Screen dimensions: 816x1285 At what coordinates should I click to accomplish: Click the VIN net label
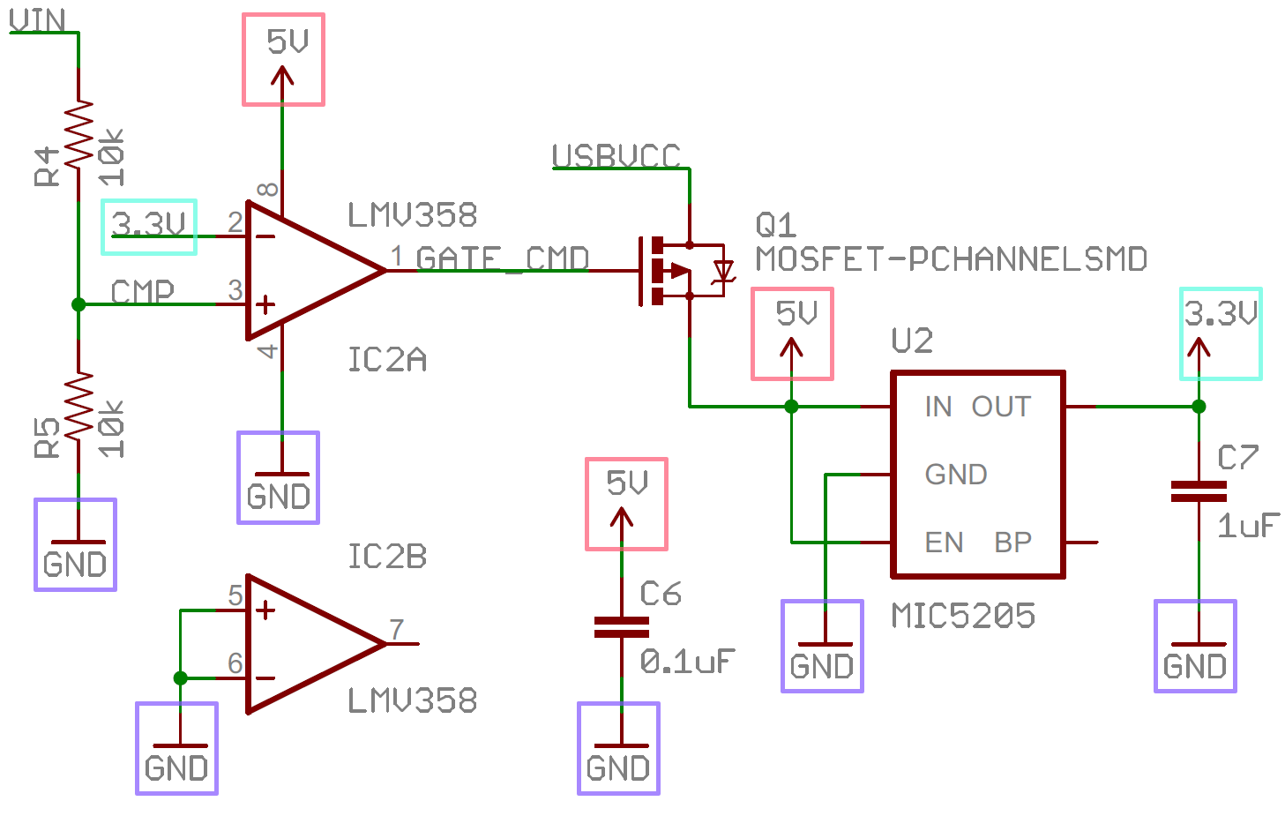pyautogui.click(x=37, y=19)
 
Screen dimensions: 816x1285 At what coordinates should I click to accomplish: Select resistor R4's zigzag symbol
pyautogui.click(x=78, y=132)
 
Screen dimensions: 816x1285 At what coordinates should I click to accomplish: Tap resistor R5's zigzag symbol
pyautogui.click(x=78, y=406)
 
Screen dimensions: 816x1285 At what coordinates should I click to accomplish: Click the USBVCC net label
pyautogui.click(x=616, y=156)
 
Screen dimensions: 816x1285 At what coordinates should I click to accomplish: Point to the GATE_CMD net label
pyautogui.click(x=501, y=258)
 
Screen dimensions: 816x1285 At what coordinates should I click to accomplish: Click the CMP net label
pyautogui.click(x=142, y=291)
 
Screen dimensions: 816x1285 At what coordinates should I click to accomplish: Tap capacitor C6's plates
pyautogui.click(x=622, y=627)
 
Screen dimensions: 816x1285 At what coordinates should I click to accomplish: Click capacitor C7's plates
pyautogui.click(x=1199, y=491)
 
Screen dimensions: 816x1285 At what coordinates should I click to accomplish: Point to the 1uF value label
pyautogui.click(x=1247, y=527)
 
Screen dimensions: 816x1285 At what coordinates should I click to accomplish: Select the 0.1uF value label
pyautogui.click(x=687, y=661)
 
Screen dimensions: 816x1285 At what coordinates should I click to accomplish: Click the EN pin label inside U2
pyautogui.click(x=944, y=543)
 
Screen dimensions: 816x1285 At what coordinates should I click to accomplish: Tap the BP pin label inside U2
pyautogui.click(x=1012, y=543)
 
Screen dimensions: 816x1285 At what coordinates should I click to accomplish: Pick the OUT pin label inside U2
pyautogui.click(x=1001, y=407)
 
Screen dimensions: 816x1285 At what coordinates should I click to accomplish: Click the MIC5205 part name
pyautogui.click(x=963, y=616)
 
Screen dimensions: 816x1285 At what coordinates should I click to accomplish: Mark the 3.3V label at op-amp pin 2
pyautogui.click(x=149, y=225)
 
